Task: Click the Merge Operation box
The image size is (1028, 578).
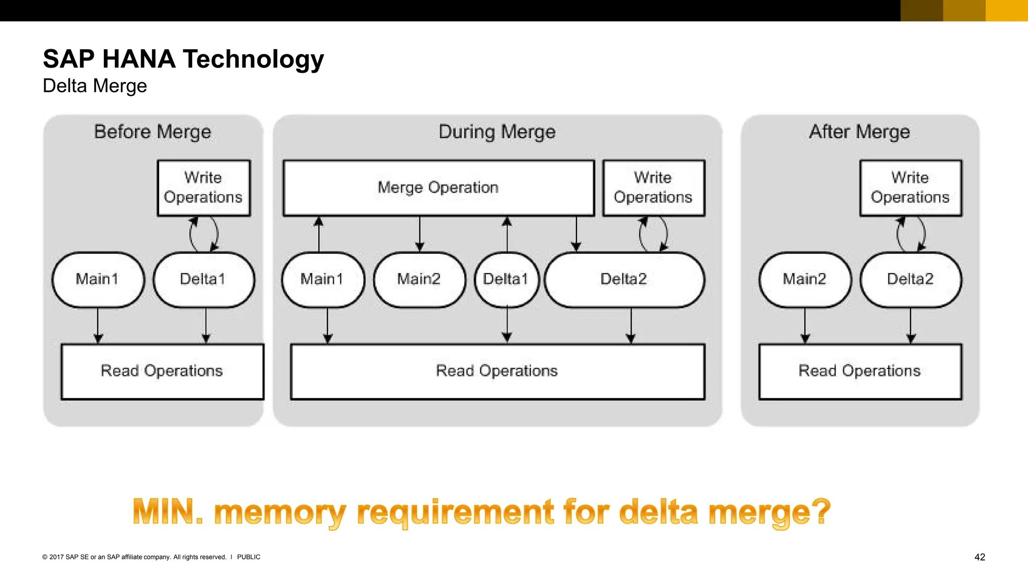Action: (438, 188)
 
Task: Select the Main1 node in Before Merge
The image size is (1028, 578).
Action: (98, 279)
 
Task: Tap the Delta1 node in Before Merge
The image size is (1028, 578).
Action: (204, 279)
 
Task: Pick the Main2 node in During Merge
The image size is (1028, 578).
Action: (419, 279)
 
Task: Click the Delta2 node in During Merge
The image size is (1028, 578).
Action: (624, 279)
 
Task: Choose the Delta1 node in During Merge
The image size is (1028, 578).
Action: (506, 279)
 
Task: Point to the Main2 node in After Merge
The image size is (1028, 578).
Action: (805, 279)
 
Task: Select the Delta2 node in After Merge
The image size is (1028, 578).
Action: (911, 279)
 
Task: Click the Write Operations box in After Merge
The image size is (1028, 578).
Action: (911, 188)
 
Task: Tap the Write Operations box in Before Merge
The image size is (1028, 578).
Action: (203, 188)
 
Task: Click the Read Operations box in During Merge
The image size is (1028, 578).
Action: (497, 371)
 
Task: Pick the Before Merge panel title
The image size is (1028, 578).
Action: (153, 132)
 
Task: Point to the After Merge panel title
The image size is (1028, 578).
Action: (859, 132)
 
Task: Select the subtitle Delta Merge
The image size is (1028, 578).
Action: (95, 86)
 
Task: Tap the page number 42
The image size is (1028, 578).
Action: (979, 557)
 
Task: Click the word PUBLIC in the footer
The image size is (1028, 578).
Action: (248, 557)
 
